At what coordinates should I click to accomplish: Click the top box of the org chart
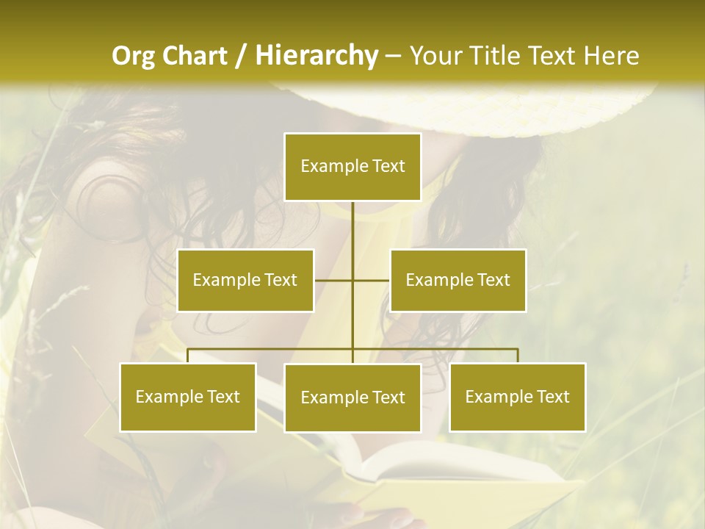(x=352, y=167)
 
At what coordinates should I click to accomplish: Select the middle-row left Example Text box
(x=245, y=280)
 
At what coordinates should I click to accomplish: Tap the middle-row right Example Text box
(x=458, y=280)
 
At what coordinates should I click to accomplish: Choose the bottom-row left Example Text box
(x=188, y=397)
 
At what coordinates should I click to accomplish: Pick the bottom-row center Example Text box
(x=352, y=397)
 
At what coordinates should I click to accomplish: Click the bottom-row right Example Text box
(x=518, y=397)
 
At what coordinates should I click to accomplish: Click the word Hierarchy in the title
(x=317, y=56)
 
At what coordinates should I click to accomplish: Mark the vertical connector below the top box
(x=352, y=228)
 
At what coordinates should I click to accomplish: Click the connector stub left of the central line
(x=333, y=280)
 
